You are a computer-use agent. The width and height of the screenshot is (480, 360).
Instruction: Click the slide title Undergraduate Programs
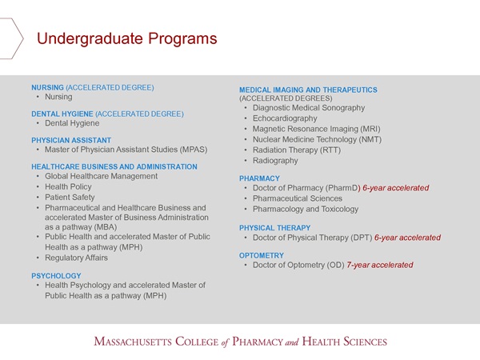[x=126, y=39]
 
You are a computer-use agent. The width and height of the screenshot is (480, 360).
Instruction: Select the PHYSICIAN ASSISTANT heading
[x=71, y=140]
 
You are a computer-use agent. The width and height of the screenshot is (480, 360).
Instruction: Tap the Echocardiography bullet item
[x=285, y=118]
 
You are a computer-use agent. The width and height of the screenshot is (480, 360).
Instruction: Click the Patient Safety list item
[x=70, y=197]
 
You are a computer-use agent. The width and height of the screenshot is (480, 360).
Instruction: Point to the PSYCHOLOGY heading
[x=56, y=276]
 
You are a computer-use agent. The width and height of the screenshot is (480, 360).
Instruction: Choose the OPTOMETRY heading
[x=262, y=256]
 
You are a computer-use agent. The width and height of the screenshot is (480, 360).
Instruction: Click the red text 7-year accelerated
[x=379, y=265]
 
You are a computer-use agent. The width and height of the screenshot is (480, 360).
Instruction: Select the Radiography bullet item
[x=275, y=161]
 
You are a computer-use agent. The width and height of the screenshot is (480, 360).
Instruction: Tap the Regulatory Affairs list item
[x=76, y=258]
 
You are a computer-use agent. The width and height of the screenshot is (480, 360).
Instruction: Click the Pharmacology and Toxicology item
[x=306, y=209]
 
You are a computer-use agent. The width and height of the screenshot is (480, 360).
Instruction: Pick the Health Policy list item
[x=68, y=186]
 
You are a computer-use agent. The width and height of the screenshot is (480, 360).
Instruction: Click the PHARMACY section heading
[x=259, y=178]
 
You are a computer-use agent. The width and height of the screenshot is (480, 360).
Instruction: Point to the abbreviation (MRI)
[x=370, y=129]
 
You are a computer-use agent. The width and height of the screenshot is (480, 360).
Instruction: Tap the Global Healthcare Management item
[x=101, y=176]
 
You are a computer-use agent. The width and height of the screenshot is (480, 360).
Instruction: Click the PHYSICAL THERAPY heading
[x=274, y=228]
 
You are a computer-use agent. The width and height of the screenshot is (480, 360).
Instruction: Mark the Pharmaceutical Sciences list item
[x=298, y=198]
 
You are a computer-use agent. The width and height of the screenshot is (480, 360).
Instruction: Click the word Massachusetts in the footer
[x=133, y=342]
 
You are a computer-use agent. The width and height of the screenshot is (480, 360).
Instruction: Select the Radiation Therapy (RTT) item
[x=296, y=150]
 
